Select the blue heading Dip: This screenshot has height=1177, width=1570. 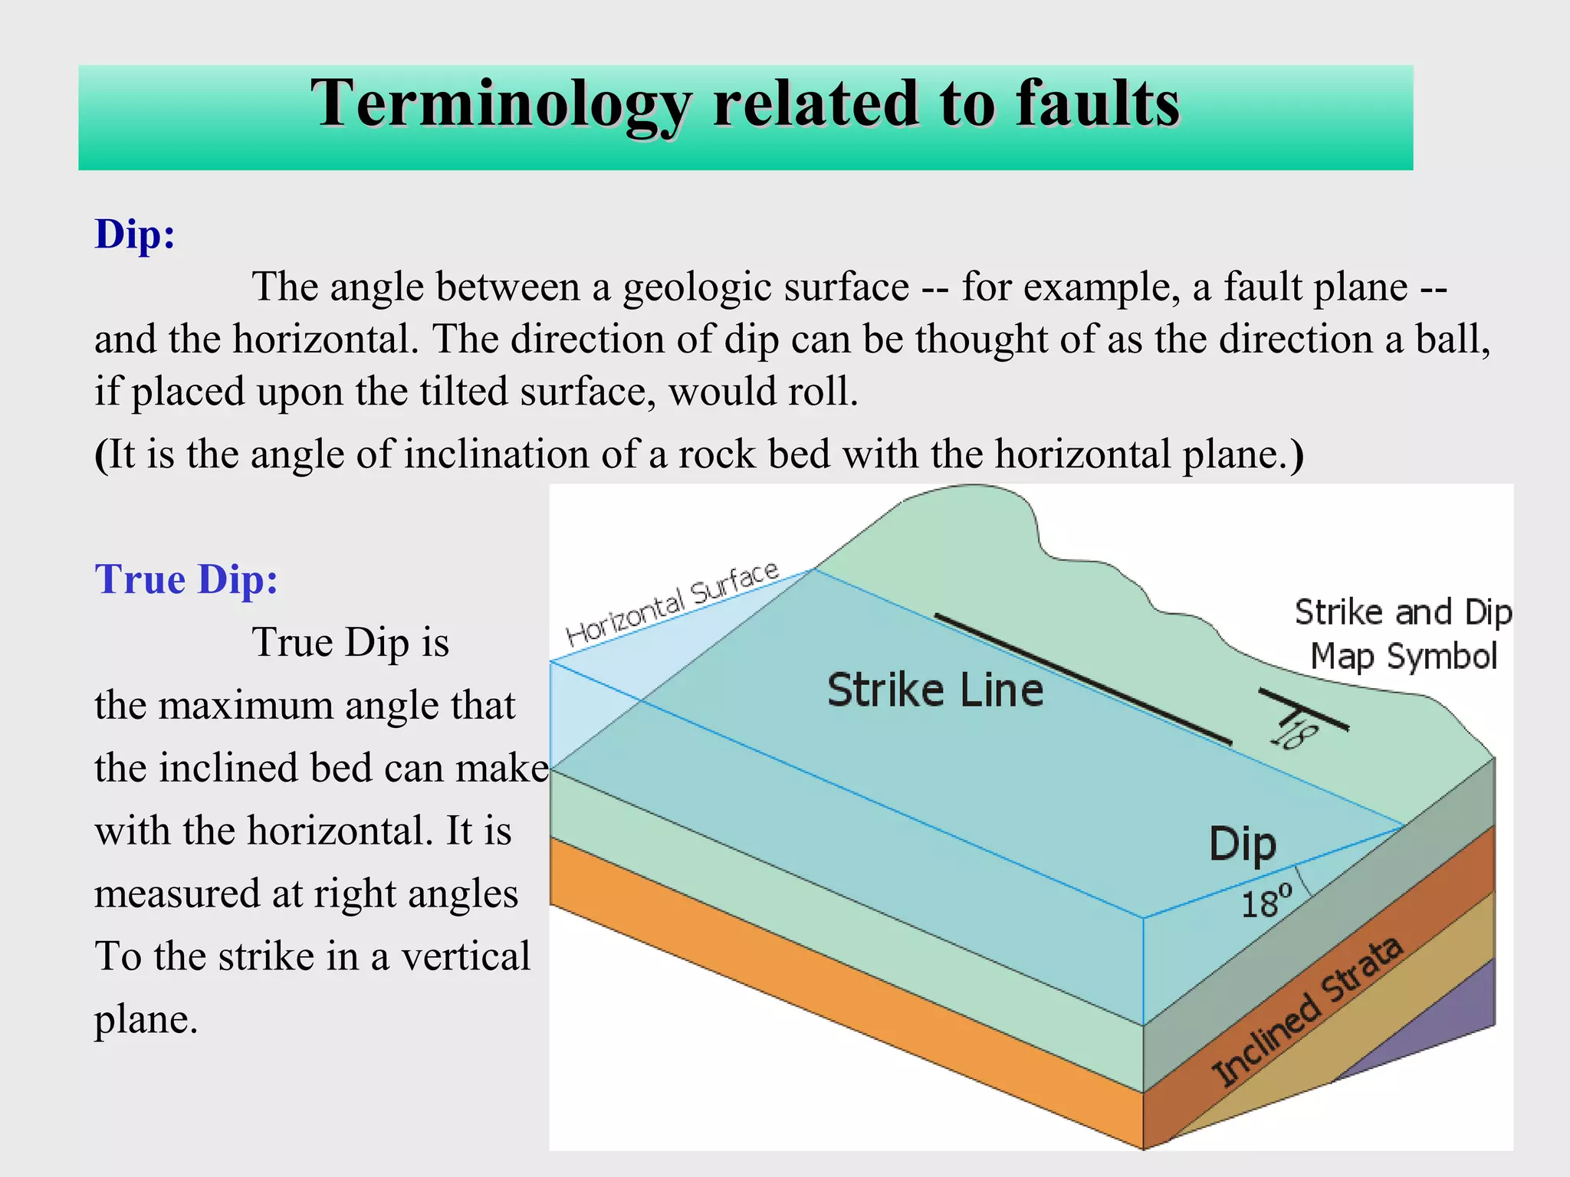[135, 234]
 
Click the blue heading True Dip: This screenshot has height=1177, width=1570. [186, 579]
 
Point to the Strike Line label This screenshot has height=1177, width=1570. [935, 690]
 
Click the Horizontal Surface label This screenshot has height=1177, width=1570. [672, 603]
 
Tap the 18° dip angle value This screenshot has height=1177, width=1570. [1266, 903]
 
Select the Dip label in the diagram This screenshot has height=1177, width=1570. [1242, 844]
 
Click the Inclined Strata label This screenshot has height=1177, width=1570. [1306, 1011]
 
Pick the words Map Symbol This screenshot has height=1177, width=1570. [1403, 657]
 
